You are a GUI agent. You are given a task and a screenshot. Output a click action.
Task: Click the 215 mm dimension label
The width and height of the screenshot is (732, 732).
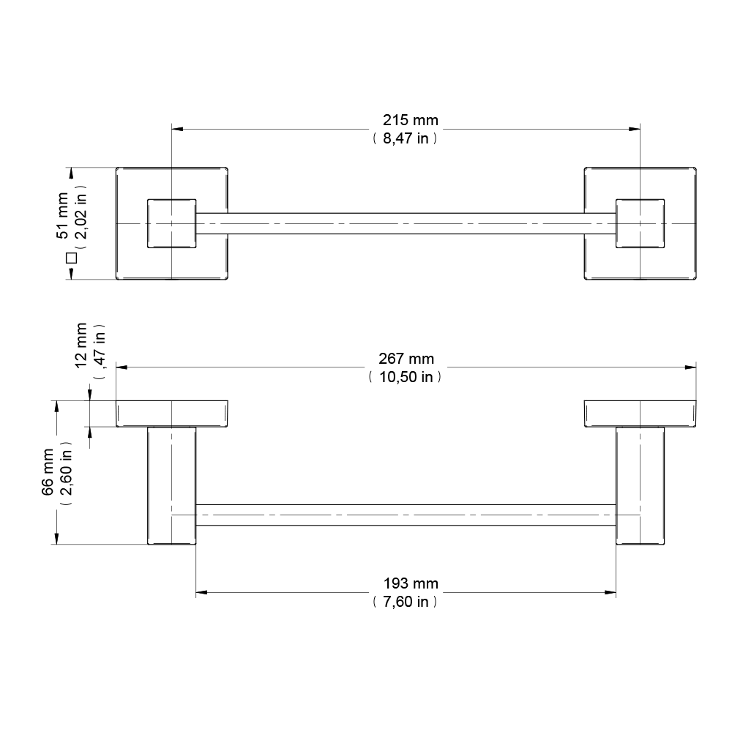[x=411, y=120]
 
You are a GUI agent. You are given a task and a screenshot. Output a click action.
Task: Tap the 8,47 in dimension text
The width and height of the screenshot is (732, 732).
[x=406, y=138]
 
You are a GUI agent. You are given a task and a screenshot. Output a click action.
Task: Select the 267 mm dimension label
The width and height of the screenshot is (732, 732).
[x=406, y=359]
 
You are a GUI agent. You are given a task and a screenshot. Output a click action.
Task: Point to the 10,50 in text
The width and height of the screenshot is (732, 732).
[x=406, y=377]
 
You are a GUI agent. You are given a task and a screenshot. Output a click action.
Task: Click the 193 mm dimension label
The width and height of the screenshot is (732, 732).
[x=411, y=583]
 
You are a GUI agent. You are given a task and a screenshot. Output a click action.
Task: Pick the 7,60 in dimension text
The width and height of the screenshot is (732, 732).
[x=406, y=602]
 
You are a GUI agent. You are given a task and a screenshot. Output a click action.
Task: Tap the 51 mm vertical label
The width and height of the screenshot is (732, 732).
[x=62, y=216]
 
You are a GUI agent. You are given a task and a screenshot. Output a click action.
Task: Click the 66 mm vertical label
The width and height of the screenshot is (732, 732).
[x=48, y=472]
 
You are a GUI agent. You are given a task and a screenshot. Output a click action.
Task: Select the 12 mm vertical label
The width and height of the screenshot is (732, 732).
[x=81, y=346]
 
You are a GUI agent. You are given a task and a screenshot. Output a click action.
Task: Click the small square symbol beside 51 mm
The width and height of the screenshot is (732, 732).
[x=72, y=258]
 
